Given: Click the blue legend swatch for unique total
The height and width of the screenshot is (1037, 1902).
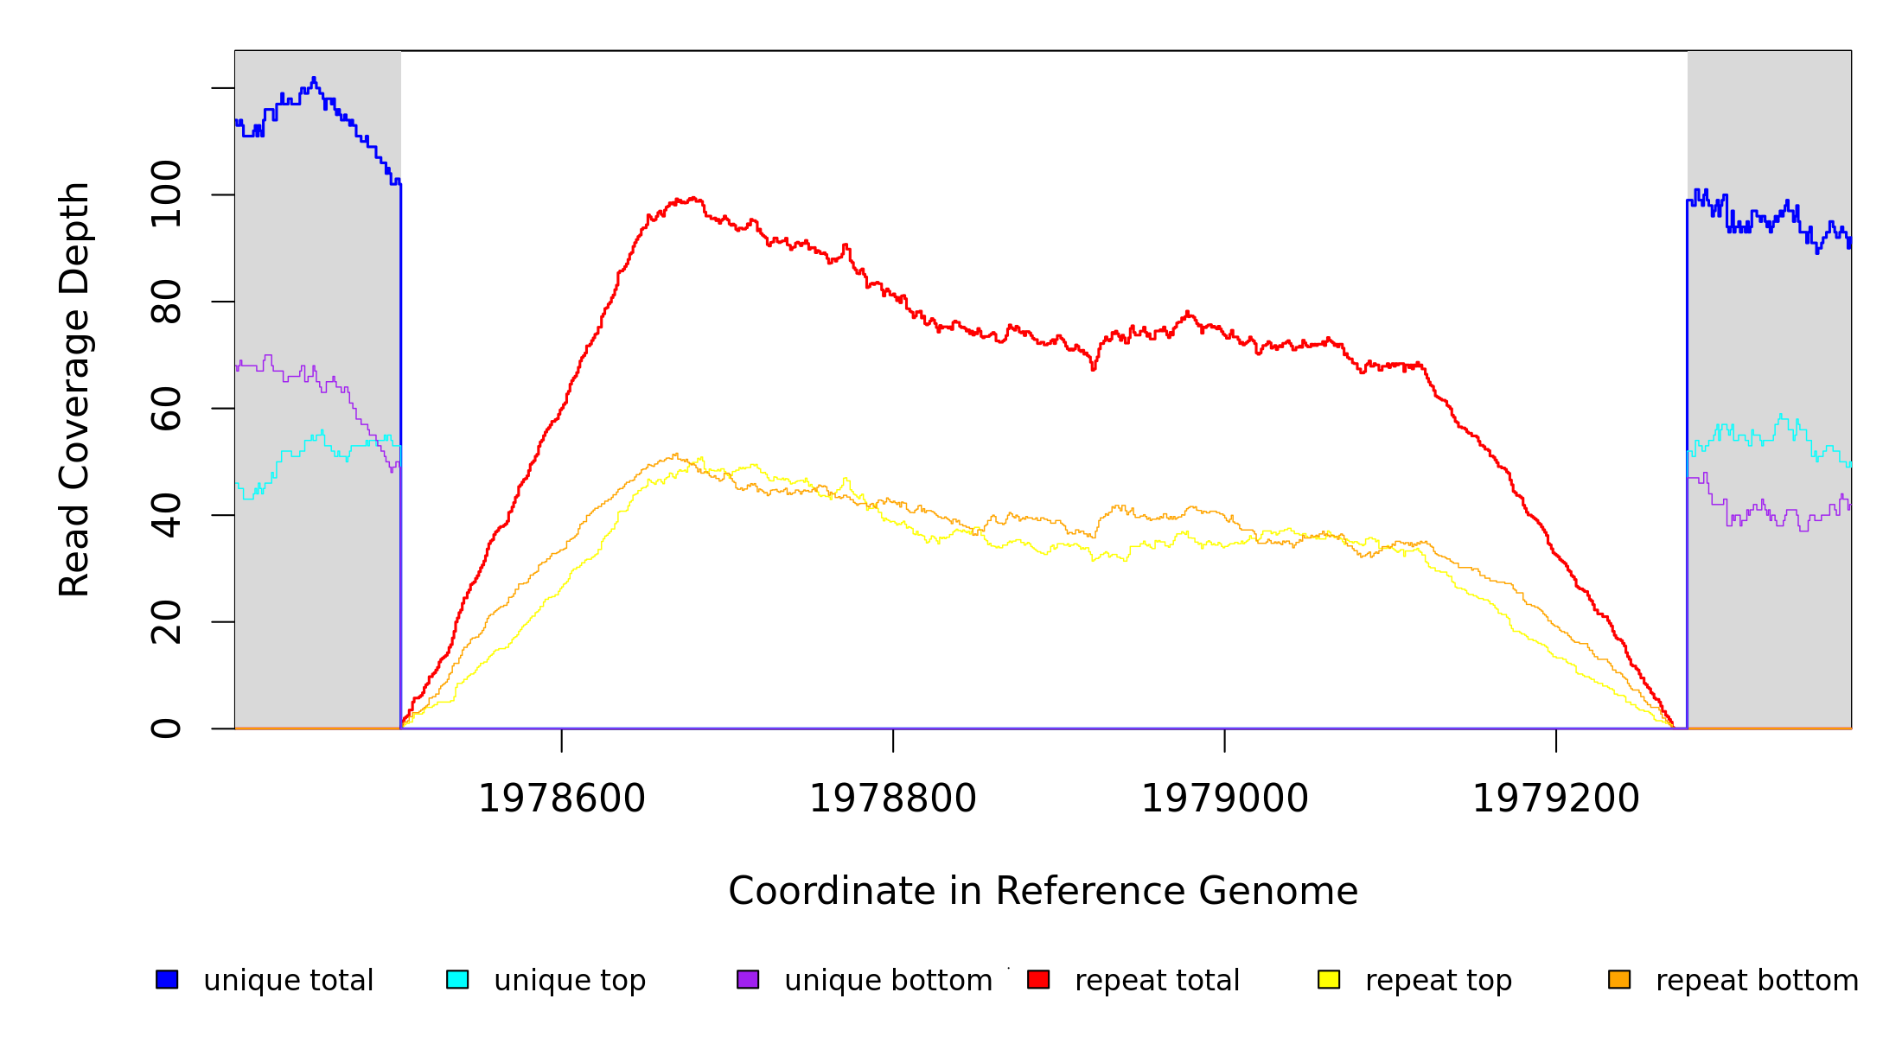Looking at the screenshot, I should pyautogui.click(x=167, y=979).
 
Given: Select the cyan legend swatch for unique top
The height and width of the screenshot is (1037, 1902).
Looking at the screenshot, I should pyautogui.click(x=457, y=979).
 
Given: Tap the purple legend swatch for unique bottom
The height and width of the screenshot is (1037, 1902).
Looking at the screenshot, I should pyautogui.click(x=748, y=979).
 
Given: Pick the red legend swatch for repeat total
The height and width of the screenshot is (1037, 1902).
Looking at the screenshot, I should pyautogui.click(x=1038, y=979).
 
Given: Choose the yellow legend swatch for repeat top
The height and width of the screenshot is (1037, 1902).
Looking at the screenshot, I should pyautogui.click(x=1329, y=979).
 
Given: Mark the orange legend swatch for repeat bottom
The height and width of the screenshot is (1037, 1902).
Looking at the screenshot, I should pyautogui.click(x=1619, y=979).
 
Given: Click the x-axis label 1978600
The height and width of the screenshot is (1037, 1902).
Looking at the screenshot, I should pyautogui.click(x=562, y=798).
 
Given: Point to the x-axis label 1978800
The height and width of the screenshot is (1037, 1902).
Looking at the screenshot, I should pyautogui.click(x=893, y=798).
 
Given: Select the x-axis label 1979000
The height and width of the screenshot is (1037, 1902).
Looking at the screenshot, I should pyautogui.click(x=1225, y=798).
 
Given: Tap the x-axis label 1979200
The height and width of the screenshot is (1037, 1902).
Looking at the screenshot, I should pyautogui.click(x=1556, y=798).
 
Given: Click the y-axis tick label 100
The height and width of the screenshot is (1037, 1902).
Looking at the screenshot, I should pyautogui.click(x=166, y=194).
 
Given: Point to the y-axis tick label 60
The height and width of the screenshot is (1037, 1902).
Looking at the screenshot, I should pyautogui.click(x=166, y=408).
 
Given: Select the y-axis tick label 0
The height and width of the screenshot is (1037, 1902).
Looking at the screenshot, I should pyautogui.click(x=166, y=728).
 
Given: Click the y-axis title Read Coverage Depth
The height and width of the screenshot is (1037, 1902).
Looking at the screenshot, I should pyautogui.click(x=74, y=389).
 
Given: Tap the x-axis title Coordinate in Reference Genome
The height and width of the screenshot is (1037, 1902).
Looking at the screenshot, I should pyautogui.click(x=1043, y=891).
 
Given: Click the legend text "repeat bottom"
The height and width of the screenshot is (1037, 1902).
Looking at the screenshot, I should pyautogui.click(x=1757, y=980).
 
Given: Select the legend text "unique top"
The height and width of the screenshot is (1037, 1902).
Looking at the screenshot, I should pyautogui.click(x=570, y=980).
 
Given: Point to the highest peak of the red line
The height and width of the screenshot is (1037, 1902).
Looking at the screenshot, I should pyautogui.click(x=679, y=200).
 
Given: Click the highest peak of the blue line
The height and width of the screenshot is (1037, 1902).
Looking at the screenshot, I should pyautogui.click(x=314, y=79).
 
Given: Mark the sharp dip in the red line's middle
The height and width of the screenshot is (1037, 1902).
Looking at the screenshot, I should pyautogui.click(x=1093, y=368).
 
